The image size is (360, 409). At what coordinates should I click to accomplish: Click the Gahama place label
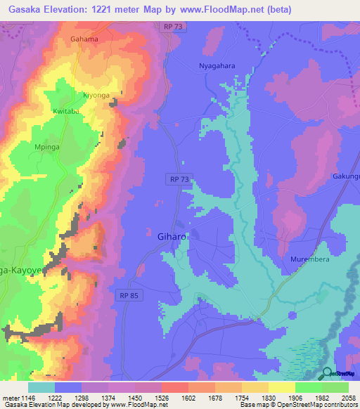click(84, 39)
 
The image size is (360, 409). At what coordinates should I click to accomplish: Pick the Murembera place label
click(310, 259)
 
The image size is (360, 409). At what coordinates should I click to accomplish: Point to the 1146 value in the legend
click(22, 398)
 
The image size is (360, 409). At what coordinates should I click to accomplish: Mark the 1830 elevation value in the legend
click(255, 398)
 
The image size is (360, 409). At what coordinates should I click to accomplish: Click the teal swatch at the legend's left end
click(41, 387)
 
